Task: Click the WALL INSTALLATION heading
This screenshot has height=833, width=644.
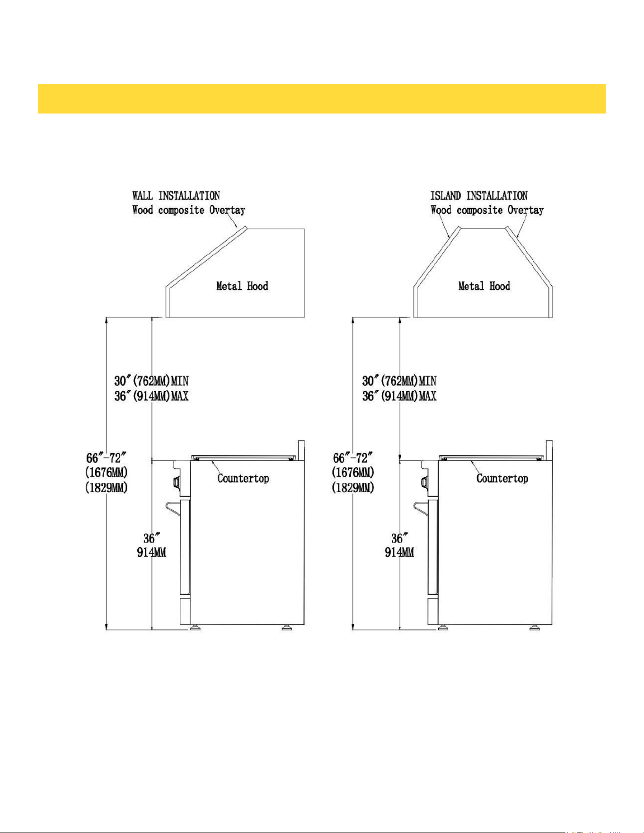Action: tap(176, 196)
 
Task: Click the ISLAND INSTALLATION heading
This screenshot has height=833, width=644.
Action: tap(479, 196)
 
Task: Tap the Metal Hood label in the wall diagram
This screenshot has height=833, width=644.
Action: tap(242, 286)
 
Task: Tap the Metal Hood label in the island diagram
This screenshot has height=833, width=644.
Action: tap(485, 286)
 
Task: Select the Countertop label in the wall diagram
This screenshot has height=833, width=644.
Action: tap(243, 478)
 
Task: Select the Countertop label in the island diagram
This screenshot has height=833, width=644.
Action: tap(503, 478)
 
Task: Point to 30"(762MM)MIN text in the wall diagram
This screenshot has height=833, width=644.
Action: tap(151, 381)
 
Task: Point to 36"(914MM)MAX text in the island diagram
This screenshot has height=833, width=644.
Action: tap(399, 396)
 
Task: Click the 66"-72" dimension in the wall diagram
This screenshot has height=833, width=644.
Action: tap(106, 458)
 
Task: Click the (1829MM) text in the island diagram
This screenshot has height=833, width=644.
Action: tap(353, 488)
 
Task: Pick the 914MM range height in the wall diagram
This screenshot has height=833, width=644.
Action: tap(151, 552)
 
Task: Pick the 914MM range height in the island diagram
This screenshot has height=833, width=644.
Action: tap(399, 552)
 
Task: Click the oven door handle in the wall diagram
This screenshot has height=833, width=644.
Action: tap(173, 510)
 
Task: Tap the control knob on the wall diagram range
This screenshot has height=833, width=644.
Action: tap(177, 482)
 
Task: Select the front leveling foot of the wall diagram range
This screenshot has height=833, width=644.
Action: tap(195, 627)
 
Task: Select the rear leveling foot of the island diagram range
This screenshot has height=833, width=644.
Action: tap(535, 627)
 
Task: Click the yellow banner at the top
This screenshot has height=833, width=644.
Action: tap(322, 99)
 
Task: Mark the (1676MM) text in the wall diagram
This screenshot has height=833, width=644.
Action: tap(106, 473)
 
